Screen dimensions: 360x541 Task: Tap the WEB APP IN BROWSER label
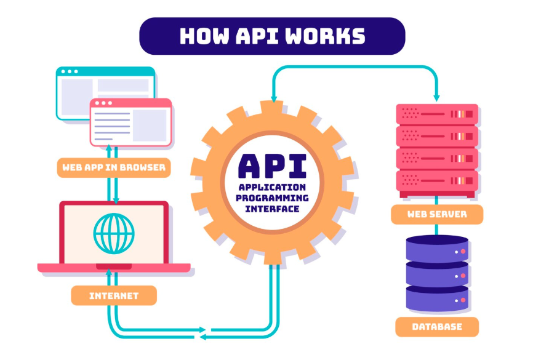(113, 167)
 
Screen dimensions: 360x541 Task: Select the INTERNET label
(114, 295)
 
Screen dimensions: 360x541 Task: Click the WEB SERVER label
(437, 215)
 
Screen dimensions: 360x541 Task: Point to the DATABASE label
(437, 326)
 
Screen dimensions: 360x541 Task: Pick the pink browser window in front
(130, 123)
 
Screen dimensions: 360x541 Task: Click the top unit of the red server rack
(437, 114)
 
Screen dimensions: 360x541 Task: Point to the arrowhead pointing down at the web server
(437, 97)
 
